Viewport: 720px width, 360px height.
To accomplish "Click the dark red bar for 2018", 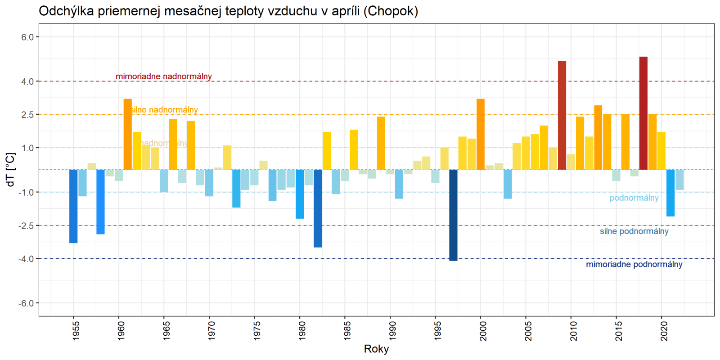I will pos(643,113).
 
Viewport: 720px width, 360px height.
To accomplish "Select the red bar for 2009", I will pos(562,116).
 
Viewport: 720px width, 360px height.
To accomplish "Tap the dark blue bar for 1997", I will pos(453,215).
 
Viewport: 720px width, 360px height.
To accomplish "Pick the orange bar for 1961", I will pos(128,135).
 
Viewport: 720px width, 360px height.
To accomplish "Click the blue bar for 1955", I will pos(73,206).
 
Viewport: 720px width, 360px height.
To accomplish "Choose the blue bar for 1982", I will pos(318,208).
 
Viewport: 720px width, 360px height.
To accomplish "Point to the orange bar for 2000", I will pos(481,135).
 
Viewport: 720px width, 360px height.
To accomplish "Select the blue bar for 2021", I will pos(670,193).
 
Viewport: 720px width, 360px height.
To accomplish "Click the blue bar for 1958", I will pos(100,202).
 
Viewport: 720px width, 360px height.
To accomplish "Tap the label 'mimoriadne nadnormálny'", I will pos(164,76).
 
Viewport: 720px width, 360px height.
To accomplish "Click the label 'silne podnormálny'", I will pos(634,231).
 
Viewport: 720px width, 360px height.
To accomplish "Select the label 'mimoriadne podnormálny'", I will pos(634,265).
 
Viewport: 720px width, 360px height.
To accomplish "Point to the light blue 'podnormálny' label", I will pos(634,198).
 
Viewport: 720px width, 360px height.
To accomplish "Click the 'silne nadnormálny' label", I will pos(165,110).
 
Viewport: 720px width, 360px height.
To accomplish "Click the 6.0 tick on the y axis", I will pos(27,37).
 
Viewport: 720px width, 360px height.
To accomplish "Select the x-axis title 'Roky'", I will pos(376,349).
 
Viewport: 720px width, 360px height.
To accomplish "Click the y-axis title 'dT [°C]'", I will pos(11,170).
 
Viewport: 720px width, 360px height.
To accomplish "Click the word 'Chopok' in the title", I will pos(391,11).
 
